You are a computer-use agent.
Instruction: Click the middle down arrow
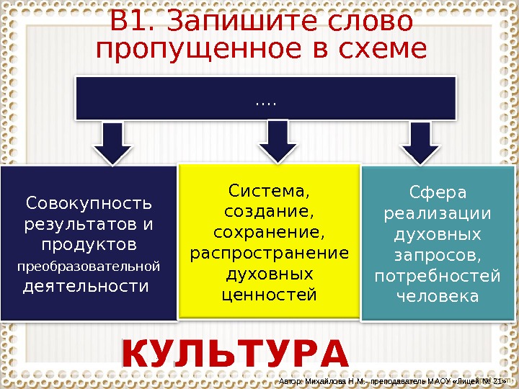[x=273, y=141]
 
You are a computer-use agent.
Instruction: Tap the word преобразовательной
[x=88, y=267]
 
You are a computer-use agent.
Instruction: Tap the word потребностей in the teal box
[x=438, y=277]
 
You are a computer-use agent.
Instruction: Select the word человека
[x=438, y=297]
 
